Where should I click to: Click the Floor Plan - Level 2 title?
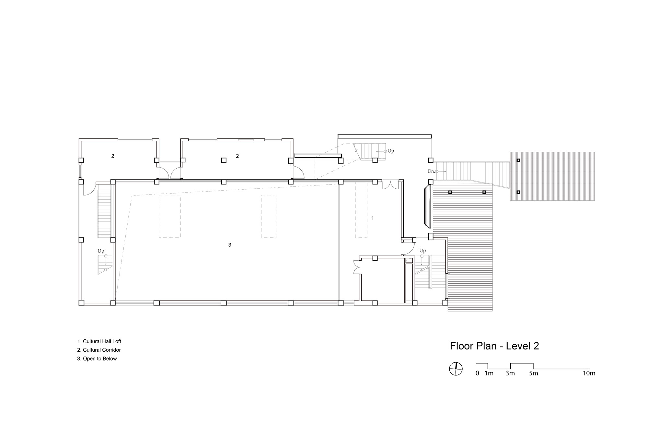click(494, 346)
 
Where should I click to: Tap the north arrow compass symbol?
click(456, 369)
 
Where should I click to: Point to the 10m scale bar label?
click(589, 373)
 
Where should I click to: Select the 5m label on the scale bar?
click(534, 373)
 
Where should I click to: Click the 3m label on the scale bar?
click(510, 373)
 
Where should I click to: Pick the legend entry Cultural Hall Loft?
click(99, 341)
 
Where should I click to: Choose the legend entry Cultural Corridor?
click(99, 350)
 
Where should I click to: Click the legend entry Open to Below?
click(97, 359)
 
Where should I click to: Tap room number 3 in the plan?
click(230, 245)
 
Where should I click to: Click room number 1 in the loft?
click(373, 218)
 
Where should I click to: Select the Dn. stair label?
click(431, 171)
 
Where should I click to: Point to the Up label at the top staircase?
click(391, 151)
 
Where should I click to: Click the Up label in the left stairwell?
click(101, 251)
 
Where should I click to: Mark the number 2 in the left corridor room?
click(113, 156)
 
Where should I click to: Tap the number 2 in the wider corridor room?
click(237, 156)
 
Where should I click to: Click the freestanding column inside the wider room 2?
click(224, 160)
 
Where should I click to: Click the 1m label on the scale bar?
click(489, 373)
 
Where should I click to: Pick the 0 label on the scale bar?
click(477, 373)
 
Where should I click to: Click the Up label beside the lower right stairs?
click(422, 251)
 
